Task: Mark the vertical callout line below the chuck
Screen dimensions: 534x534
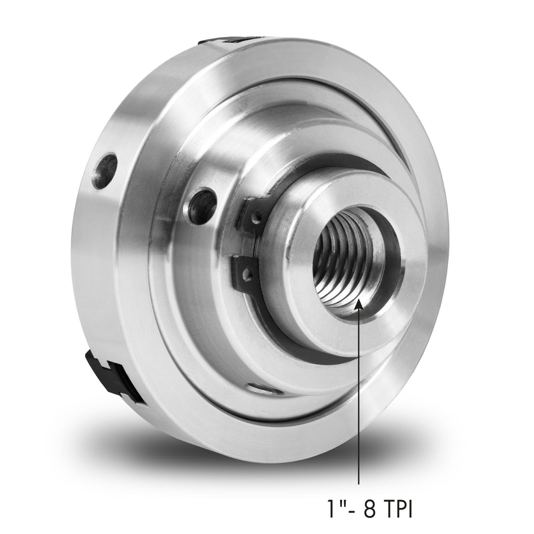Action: [x=359, y=384]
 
